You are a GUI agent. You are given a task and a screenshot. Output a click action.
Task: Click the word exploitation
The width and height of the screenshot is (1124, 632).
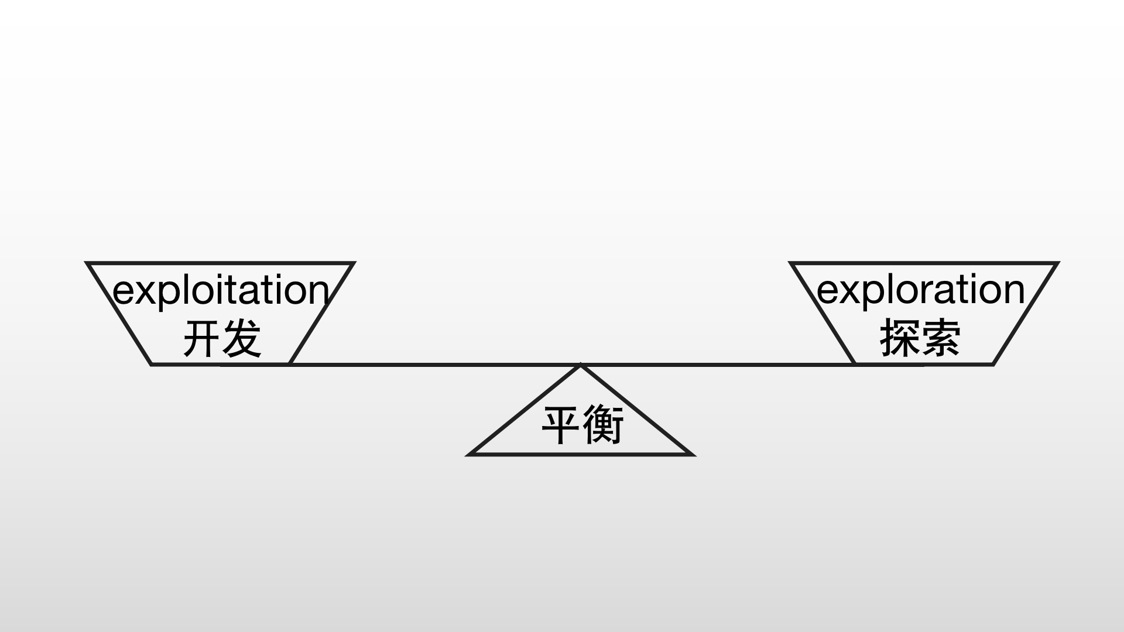(221, 291)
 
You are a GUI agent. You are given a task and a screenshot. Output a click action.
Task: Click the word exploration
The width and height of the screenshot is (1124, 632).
(921, 291)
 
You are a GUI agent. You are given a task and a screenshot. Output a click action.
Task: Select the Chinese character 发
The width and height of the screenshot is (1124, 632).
(241, 339)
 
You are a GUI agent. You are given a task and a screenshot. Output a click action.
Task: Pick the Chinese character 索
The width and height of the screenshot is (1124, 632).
(940, 338)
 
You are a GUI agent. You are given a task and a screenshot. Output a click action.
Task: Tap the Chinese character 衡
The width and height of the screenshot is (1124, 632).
(603, 425)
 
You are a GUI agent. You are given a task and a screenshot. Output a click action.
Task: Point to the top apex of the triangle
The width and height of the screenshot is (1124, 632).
(580, 366)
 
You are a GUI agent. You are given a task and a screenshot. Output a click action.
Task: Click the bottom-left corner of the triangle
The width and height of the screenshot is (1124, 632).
(469, 454)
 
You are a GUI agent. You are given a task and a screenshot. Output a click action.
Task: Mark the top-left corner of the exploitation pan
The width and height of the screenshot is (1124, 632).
(87, 263)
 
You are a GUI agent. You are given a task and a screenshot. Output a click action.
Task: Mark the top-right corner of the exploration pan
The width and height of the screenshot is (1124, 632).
(1058, 263)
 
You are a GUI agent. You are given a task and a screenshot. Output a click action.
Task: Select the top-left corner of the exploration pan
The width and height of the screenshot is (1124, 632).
(790, 263)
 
